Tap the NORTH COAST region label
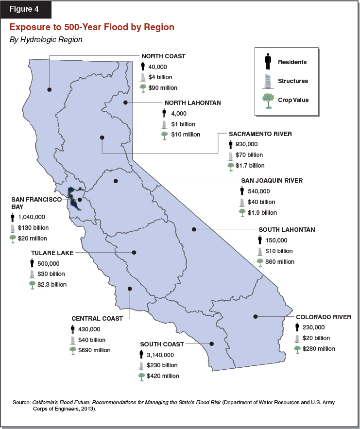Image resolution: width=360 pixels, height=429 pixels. (x=163, y=56)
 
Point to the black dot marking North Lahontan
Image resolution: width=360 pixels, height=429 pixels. (x=125, y=103)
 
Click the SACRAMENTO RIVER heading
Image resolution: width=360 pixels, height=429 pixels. (x=260, y=134)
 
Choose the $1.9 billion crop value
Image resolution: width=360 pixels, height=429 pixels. (x=262, y=212)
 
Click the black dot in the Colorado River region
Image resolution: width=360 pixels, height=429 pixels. (x=255, y=317)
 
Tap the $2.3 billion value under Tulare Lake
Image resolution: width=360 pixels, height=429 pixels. (x=52, y=284)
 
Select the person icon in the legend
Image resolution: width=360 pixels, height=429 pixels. (x=268, y=62)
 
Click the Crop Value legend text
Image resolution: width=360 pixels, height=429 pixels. (x=293, y=100)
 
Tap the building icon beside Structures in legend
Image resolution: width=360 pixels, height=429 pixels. (x=268, y=81)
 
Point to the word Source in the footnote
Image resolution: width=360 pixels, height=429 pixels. (x=22, y=403)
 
